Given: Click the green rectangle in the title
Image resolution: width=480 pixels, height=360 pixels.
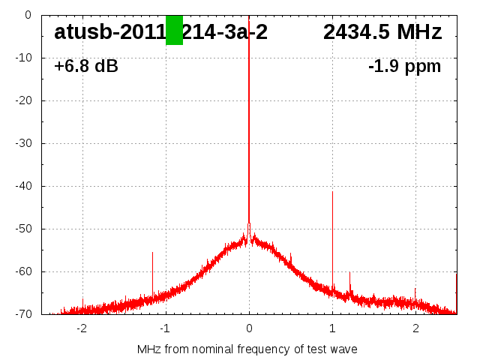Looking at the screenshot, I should (x=174, y=30).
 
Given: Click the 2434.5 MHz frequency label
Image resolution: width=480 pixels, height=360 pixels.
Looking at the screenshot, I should (x=382, y=32).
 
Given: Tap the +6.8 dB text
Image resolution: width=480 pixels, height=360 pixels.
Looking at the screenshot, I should (x=86, y=67).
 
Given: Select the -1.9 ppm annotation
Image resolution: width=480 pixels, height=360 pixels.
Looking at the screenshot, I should (x=404, y=67).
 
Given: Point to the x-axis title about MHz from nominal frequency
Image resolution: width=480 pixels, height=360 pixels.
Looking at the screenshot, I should (x=247, y=349).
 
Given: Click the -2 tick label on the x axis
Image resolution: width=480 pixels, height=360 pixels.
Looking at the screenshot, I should (x=82, y=328).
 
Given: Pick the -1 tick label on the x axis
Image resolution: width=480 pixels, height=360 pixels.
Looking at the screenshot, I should (x=165, y=328).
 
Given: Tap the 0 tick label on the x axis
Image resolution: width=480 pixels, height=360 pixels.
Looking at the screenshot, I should (x=249, y=328).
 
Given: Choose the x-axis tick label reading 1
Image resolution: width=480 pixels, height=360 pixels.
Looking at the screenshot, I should (x=332, y=328).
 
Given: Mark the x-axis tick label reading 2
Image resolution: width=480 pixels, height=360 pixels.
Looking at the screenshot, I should (x=415, y=328).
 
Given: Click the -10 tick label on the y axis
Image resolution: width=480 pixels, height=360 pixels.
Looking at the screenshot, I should (x=22, y=58).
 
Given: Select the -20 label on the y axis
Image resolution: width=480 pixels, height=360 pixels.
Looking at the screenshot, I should (x=22, y=100).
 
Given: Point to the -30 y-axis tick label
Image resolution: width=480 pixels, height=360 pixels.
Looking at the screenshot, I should (x=22, y=143).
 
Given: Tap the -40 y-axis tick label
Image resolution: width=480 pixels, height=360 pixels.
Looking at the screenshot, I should (x=22, y=186).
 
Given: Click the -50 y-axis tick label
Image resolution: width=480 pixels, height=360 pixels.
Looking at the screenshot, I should (x=22, y=229).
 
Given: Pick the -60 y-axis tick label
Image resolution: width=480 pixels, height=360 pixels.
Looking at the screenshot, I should (x=22, y=271).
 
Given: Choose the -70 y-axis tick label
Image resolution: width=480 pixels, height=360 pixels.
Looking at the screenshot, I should (x=22, y=314).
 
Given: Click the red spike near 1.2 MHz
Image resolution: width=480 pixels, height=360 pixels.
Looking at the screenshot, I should (x=349, y=281).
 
